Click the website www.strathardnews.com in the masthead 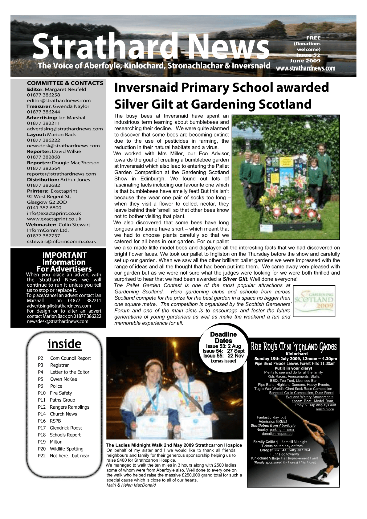(305, 68)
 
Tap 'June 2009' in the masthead (305, 61)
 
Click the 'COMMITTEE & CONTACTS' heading (65, 83)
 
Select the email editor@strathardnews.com (59, 100)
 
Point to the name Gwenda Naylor (71, 106)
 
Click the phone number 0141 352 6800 (44, 208)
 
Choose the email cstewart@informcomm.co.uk (61, 242)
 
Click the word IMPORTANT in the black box (64, 255)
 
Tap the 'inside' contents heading (64, 344)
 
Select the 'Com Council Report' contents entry (71, 358)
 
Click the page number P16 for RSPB (42, 421)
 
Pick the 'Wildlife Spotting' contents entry (67, 449)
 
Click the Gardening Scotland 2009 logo (314, 301)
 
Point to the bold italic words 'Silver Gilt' (235, 279)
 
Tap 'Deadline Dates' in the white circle (223, 337)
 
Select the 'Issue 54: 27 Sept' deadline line (223, 351)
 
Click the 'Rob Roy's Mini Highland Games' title (294, 347)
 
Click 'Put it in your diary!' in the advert (293, 368)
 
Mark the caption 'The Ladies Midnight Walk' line (174, 445)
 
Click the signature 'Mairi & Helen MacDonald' (131, 485)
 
